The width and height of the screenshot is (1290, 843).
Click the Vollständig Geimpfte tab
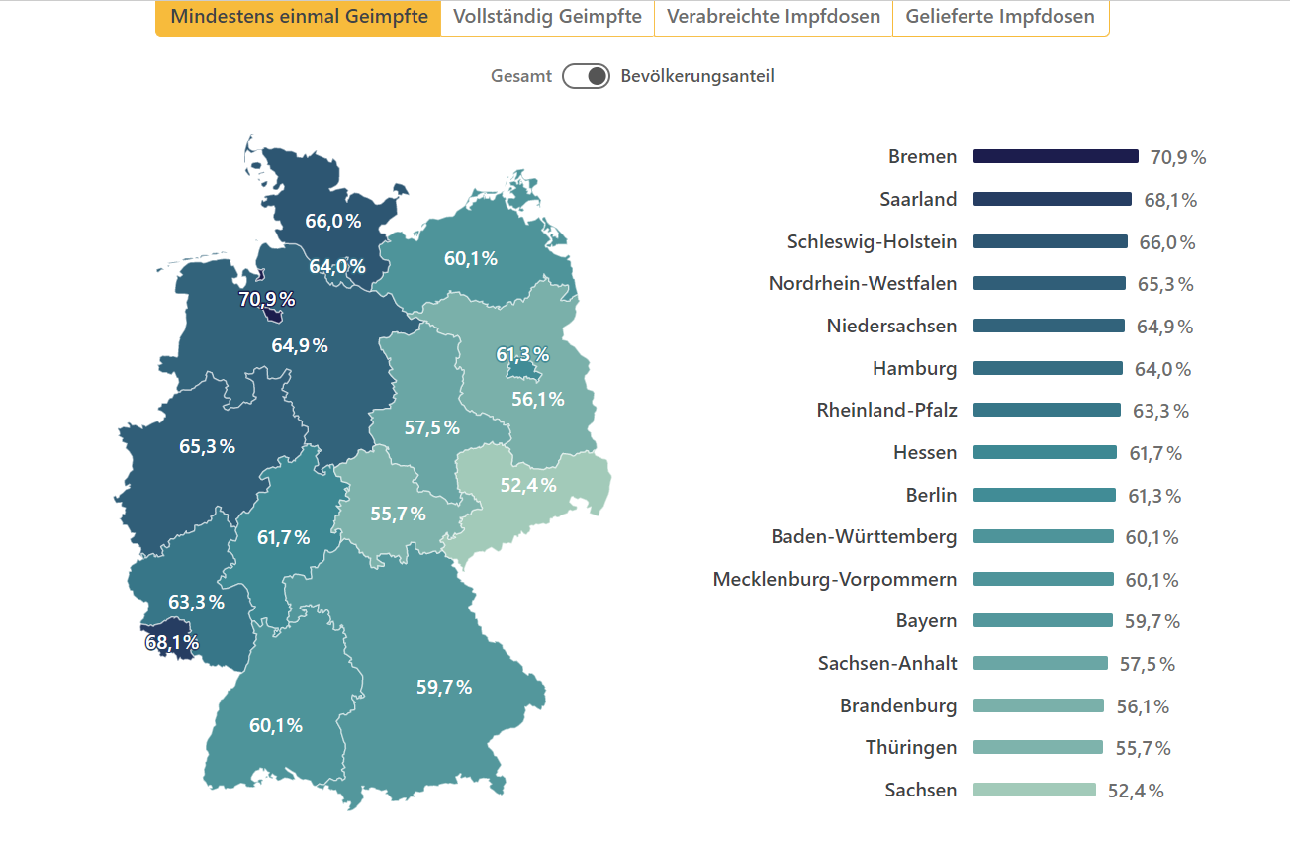pos(547,17)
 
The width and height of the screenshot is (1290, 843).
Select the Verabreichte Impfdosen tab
pos(773,17)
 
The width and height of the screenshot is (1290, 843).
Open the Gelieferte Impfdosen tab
pos(1000,17)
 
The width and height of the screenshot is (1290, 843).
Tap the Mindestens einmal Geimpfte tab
pos(299,17)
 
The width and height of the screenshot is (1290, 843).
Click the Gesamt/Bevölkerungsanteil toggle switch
pos(586,76)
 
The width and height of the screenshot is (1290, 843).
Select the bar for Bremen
pos(1056,156)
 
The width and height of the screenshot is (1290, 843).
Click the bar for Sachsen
pos(1035,790)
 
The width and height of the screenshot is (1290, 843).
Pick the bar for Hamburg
pos(1048,368)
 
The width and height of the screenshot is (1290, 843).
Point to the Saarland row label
pos(918,199)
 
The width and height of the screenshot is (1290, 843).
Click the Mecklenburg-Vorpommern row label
pos(835,579)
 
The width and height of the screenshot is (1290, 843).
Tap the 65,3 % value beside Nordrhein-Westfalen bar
pos(1165,284)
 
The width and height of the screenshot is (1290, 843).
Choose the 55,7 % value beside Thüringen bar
pos(1143,748)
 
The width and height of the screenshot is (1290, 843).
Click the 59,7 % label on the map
pos(443,687)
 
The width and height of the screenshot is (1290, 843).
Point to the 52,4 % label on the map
pos(527,485)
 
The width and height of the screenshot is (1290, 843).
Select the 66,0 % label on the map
pos(332,221)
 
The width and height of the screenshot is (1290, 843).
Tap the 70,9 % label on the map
pos(267,299)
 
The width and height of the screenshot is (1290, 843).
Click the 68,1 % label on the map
pos(172,643)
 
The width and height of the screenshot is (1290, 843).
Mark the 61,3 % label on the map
pos(522,354)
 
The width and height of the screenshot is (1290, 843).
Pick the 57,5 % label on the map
pos(431,427)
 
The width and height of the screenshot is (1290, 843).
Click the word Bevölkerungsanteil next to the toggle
pos(697,76)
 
